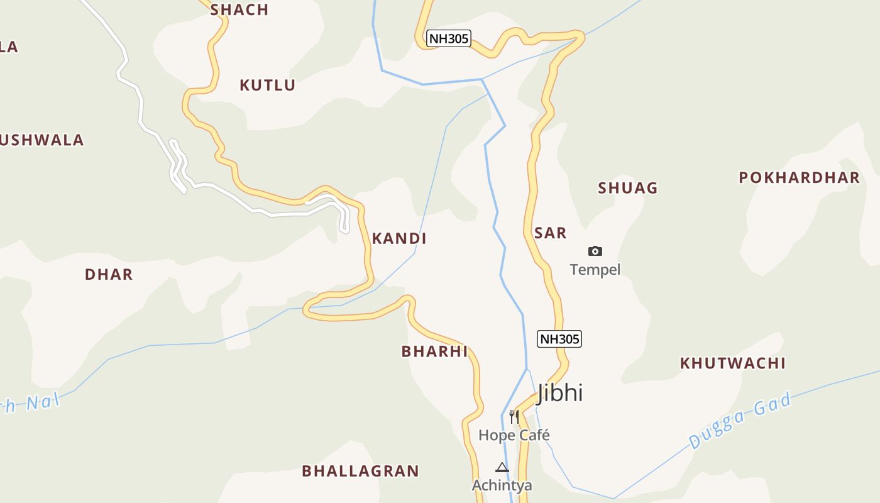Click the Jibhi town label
(x=560, y=393)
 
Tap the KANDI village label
(x=399, y=238)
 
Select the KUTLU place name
(x=267, y=85)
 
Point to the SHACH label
(x=239, y=9)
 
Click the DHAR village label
(x=109, y=274)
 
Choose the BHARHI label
(x=435, y=351)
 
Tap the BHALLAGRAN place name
(x=360, y=471)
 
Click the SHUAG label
(x=627, y=188)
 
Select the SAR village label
(x=550, y=233)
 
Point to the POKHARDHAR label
(x=799, y=177)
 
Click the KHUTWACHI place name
(x=733, y=363)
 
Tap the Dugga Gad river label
(x=739, y=421)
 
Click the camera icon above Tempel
(x=595, y=251)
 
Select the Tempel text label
(x=595, y=270)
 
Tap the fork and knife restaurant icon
(x=514, y=416)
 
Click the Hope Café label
(x=514, y=435)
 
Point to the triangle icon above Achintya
(x=502, y=467)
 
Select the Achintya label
(x=502, y=485)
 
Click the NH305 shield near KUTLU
(x=449, y=38)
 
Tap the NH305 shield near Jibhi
(x=559, y=339)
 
